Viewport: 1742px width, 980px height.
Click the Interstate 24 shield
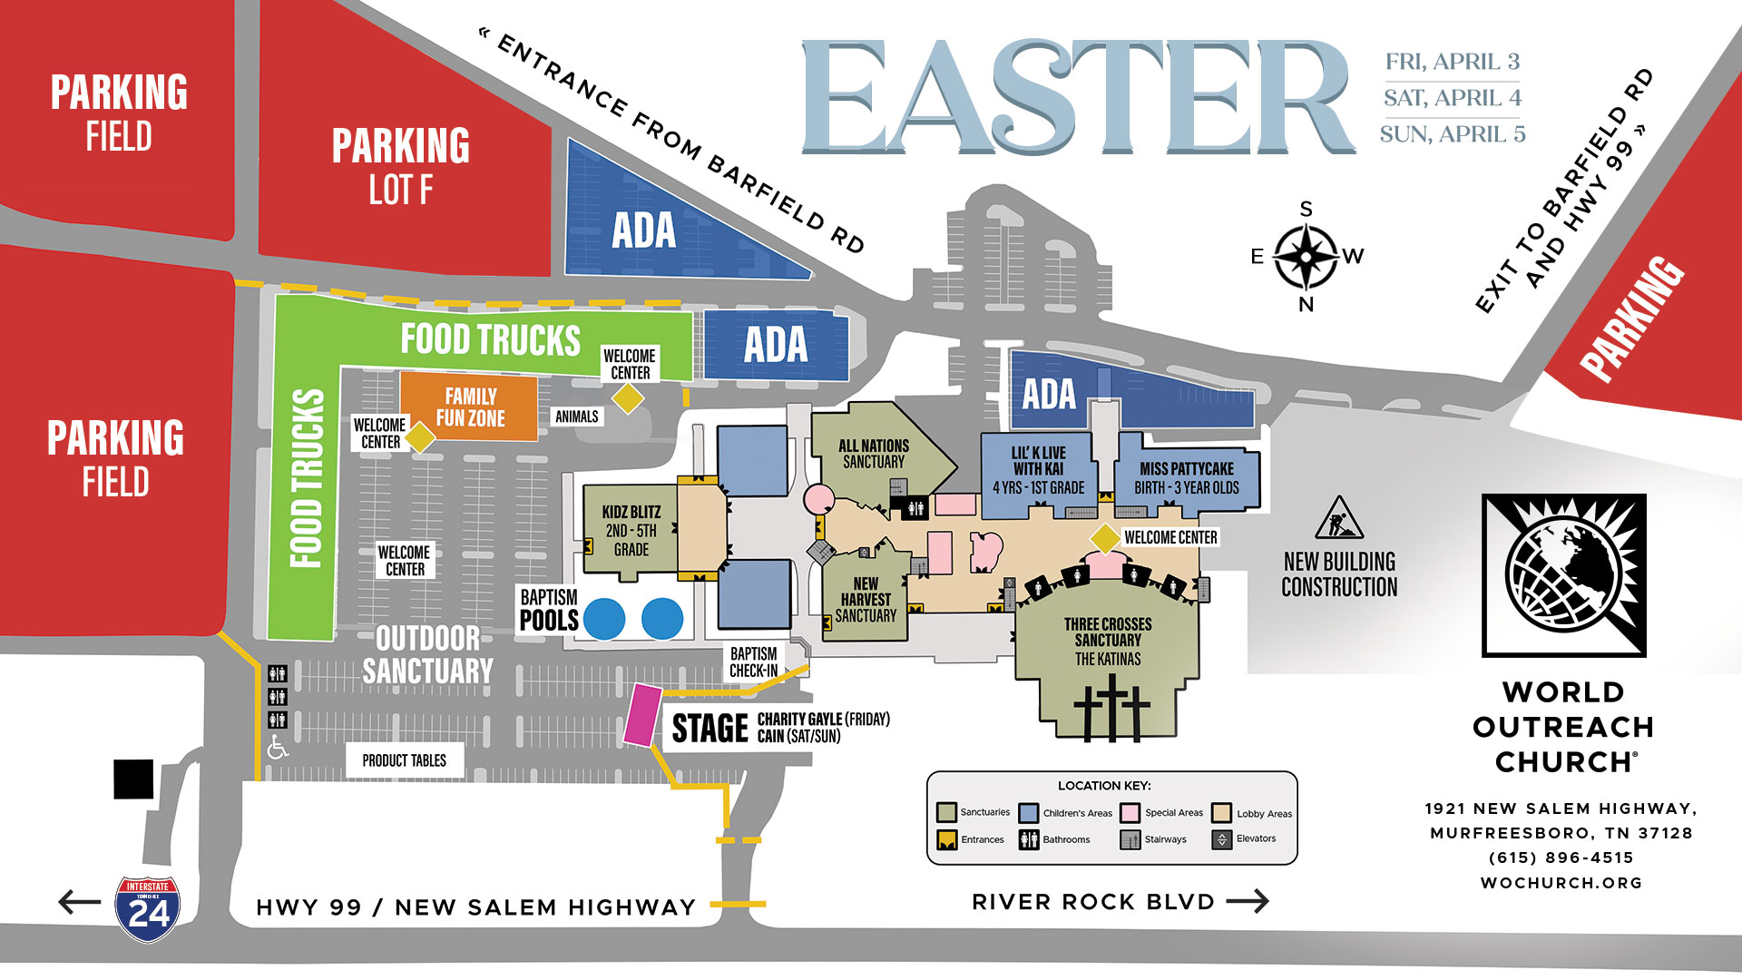coord(148,908)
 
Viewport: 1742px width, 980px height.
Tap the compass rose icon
coord(1306,257)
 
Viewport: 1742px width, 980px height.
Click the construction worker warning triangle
coord(1338,519)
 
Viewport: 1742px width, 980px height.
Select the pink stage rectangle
coord(642,715)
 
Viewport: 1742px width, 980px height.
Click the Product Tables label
coord(405,760)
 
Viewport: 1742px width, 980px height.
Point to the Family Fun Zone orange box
coord(470,407)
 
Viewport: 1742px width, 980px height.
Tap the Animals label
coord(577,416)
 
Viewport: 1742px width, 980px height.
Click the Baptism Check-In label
coord(753,662)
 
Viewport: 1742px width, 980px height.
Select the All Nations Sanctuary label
coord(873,454)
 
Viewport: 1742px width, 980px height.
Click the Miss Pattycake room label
coord(1187,477)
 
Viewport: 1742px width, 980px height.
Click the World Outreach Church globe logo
coord(1563,575)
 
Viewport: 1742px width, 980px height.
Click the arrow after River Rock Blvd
coord(1248,901)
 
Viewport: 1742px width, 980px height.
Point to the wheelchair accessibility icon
coord(278,747)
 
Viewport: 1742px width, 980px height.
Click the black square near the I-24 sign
coord(133,779)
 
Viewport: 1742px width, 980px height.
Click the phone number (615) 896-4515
coord(1561,857)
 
